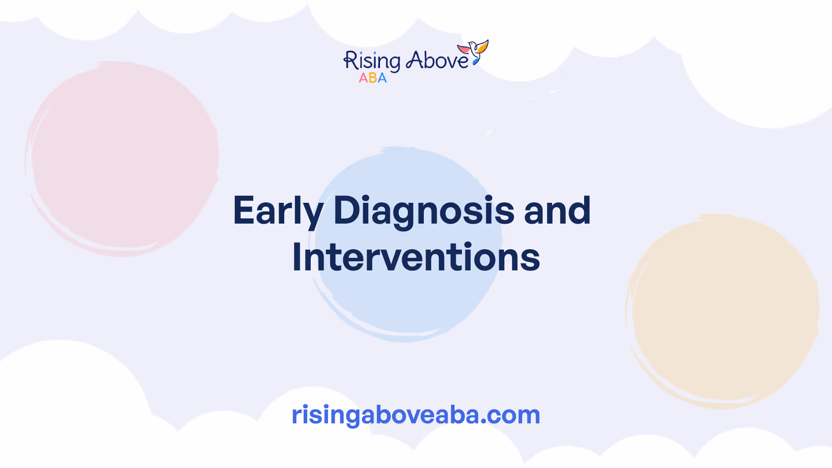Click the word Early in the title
tap(278, 211)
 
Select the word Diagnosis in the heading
tap(424, 211)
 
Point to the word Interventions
tap(416, 257)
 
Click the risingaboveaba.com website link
tap(416, 415)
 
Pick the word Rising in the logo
tap(372, 61)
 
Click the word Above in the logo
tap(437, 60)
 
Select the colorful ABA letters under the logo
tap(373, 78)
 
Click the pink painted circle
tap(122, 159)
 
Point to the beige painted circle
tap(722, 311)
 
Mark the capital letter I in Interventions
tap(297, 257)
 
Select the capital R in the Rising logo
tap(350, 60)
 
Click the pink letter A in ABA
tap(363, 78)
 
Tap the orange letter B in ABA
tap(373, 78)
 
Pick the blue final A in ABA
tap(382, 78)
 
